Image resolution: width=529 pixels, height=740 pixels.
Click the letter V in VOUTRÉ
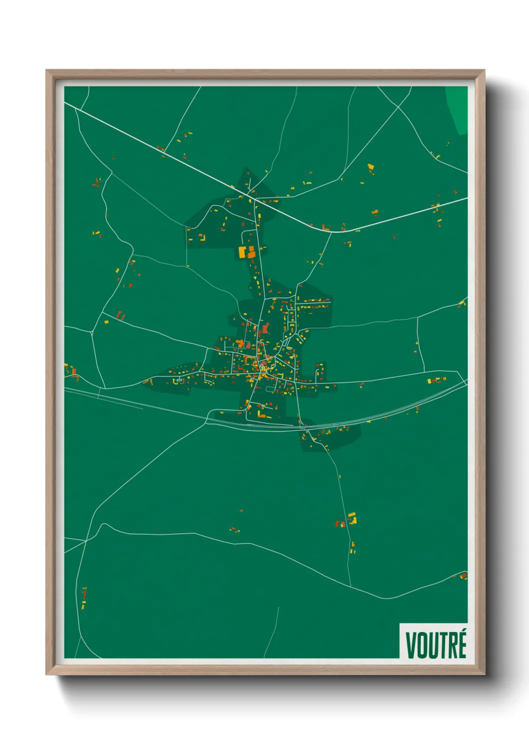point(411,645)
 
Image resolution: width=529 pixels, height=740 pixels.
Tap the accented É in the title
point(461,644)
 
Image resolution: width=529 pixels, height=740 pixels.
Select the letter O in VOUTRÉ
point(422,645)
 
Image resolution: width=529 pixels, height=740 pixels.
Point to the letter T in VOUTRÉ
point(443,645)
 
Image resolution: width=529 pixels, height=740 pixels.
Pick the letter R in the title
point(452,645)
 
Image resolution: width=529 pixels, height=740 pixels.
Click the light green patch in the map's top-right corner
point(457,107)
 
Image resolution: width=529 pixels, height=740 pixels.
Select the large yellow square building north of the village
point(242,252)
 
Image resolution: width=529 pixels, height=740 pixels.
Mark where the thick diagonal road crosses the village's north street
point(255,199)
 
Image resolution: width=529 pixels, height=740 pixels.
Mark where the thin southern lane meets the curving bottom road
point(350,586)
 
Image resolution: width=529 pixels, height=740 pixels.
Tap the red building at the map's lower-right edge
point(463,576)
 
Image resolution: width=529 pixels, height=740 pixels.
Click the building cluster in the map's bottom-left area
point(84,597)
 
